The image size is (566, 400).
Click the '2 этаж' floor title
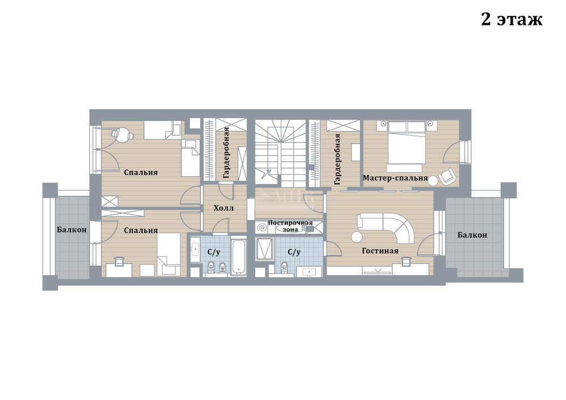tap(512, 19)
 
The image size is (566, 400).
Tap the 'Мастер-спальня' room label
tap(395, 178)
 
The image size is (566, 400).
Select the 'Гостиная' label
tap(380, 251)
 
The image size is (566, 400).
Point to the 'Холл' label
tap(224, 208)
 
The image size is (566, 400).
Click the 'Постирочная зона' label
tap(290, 226)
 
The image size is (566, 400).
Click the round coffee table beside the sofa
tap(357, 237)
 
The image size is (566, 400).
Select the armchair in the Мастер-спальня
tap(448, 176)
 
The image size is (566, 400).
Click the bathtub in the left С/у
tap(238, 256)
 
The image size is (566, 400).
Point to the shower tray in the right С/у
tap(264, 248)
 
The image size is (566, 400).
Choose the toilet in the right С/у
tap(284, 268)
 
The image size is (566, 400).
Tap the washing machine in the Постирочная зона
tap(263, 228)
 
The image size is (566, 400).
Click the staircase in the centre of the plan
tap(281, 153)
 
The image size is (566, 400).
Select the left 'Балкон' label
tap(71, 229)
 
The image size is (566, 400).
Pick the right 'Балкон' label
tap(472, 235)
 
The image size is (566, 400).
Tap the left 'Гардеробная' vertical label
tap(226, 153)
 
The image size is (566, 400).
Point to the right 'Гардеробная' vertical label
tap(337, 159)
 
